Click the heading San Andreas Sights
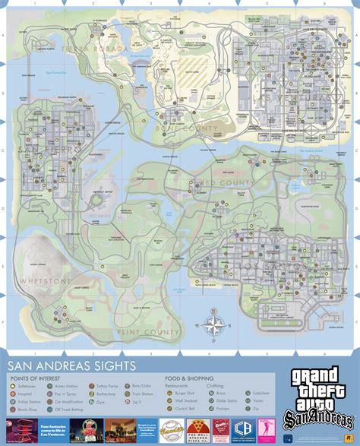coord(72,366)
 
